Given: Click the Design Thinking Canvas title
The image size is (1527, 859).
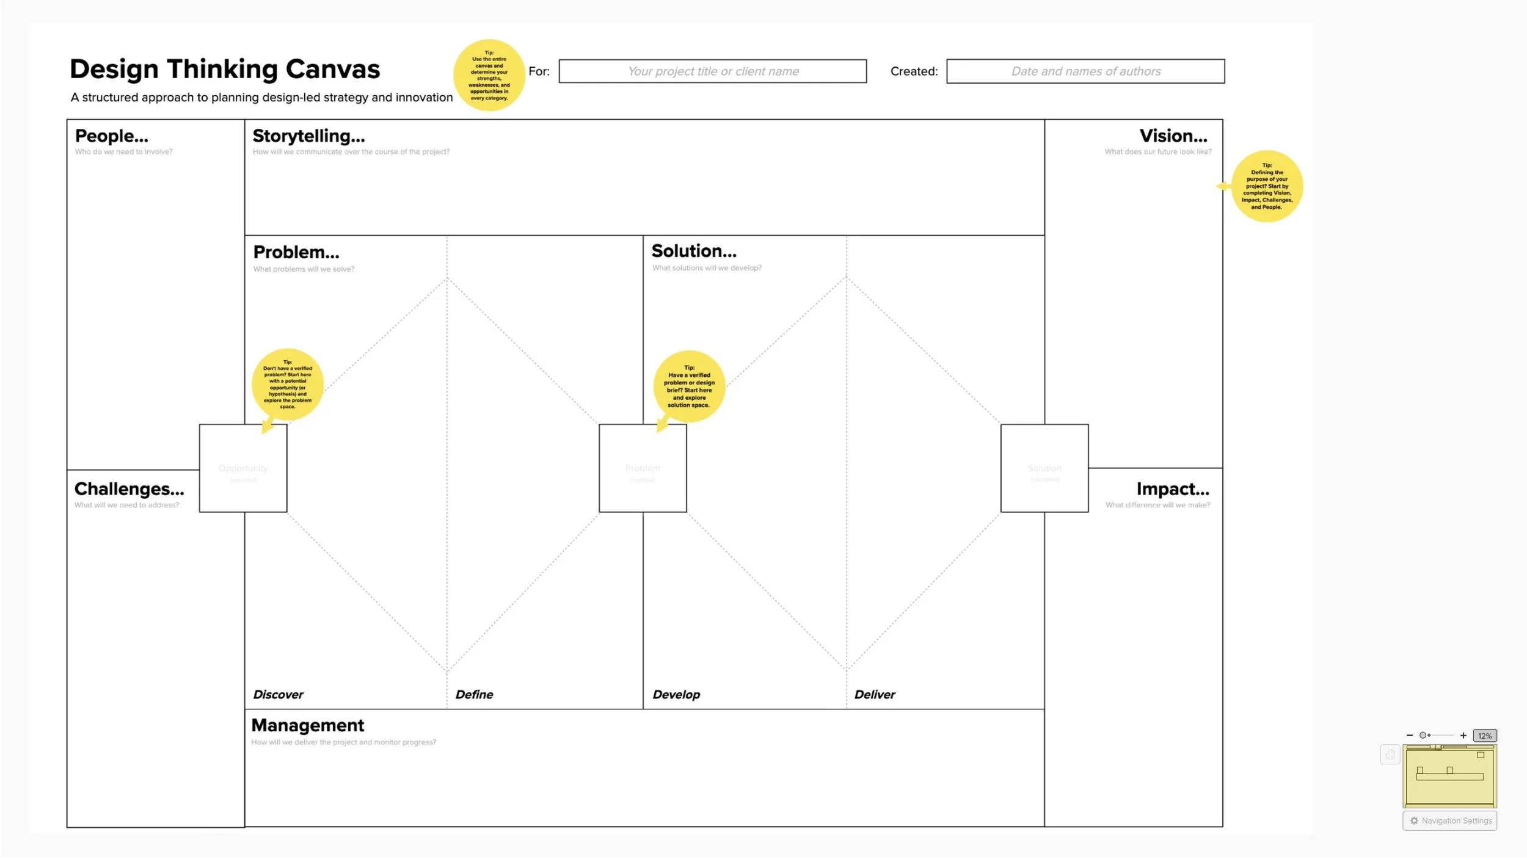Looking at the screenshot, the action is pos(225,69).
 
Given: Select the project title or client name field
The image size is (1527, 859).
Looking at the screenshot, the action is pos(712,71).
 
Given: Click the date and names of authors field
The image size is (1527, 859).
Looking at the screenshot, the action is pos(1085,71).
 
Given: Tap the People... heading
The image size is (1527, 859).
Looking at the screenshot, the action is pos(112,136).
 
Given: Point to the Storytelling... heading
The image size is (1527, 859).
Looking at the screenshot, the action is pos(308,136).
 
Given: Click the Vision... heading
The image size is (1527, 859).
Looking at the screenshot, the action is pos(1173,136).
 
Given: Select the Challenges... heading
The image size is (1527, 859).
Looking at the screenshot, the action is pos(129,489).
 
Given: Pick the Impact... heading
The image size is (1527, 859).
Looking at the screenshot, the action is pos(1172,489).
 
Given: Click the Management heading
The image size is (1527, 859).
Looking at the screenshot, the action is pos(307,725).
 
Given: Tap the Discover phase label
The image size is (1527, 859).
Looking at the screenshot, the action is pos(278,695).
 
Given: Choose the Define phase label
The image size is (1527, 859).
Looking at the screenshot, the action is pos(474,695).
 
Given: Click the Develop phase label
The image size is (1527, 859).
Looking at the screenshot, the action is pos(676,695).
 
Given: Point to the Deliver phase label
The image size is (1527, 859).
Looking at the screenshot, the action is pos(874,695).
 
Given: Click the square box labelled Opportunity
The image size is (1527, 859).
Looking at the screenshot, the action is pos(243,468).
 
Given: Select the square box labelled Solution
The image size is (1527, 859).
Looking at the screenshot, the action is pos(1044,468).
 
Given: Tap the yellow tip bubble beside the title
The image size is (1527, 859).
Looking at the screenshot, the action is pos(489,75).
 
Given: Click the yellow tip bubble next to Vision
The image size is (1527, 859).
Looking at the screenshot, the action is pos(1266,186).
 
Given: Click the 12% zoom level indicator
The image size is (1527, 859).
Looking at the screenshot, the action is pos(1484,736).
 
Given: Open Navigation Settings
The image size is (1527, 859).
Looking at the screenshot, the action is pos(1449,821).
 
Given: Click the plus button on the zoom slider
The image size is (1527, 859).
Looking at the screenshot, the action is pos(1463,736).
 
